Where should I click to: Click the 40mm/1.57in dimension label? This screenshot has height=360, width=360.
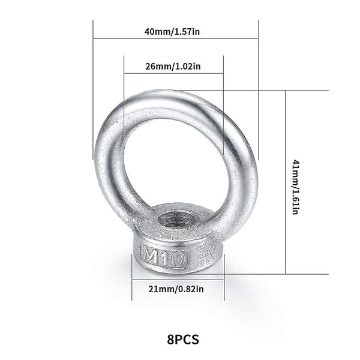172,31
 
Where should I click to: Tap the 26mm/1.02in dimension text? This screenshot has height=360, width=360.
173,67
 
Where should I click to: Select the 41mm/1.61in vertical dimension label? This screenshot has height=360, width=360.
295,187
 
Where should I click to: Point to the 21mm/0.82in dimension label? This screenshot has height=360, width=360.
176,289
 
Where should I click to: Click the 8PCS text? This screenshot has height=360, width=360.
183,340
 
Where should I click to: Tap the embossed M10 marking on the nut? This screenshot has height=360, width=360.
164,256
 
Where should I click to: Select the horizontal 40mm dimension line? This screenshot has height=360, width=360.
176,38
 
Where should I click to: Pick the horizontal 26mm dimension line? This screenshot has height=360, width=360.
173,73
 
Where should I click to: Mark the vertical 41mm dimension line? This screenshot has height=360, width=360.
286,182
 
